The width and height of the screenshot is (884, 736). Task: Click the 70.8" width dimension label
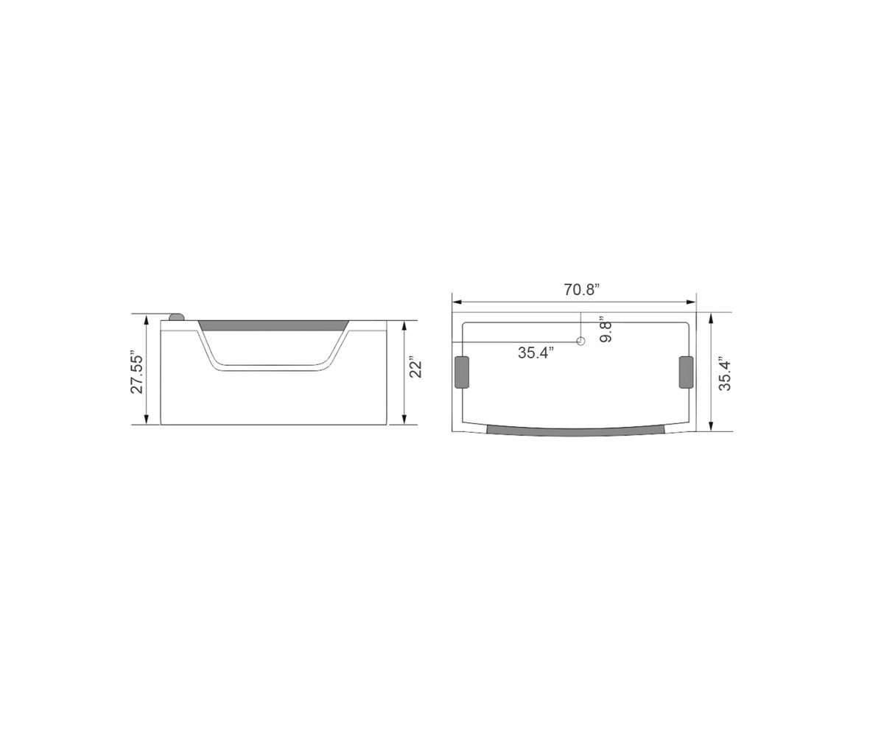pyautogui.click(x=582, y=289)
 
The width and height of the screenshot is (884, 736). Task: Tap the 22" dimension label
pyautogui.click(x=416, y=368)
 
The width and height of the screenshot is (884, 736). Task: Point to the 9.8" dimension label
pyautogui.click(x=606, y=329)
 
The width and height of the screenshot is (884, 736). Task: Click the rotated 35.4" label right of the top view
pyautogui.click(x=725, y=373)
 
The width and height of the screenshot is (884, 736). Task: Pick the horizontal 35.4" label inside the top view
pyautogui.click(x=536, y=353)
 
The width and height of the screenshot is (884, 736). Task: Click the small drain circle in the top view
pyautogui.click(x=580, y=342)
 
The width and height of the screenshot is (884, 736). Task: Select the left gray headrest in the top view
pyautogui.click(x=463, y=372)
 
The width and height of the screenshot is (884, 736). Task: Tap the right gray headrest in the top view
pyautogui.click(x=686, y=372)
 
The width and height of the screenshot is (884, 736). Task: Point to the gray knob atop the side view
pyautogui.click(x=177, y=317)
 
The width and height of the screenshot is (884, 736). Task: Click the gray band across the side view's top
pyautogui.click(x=274, y=325)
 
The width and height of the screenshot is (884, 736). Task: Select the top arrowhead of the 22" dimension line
pyautogui.click(x=404, y=325)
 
